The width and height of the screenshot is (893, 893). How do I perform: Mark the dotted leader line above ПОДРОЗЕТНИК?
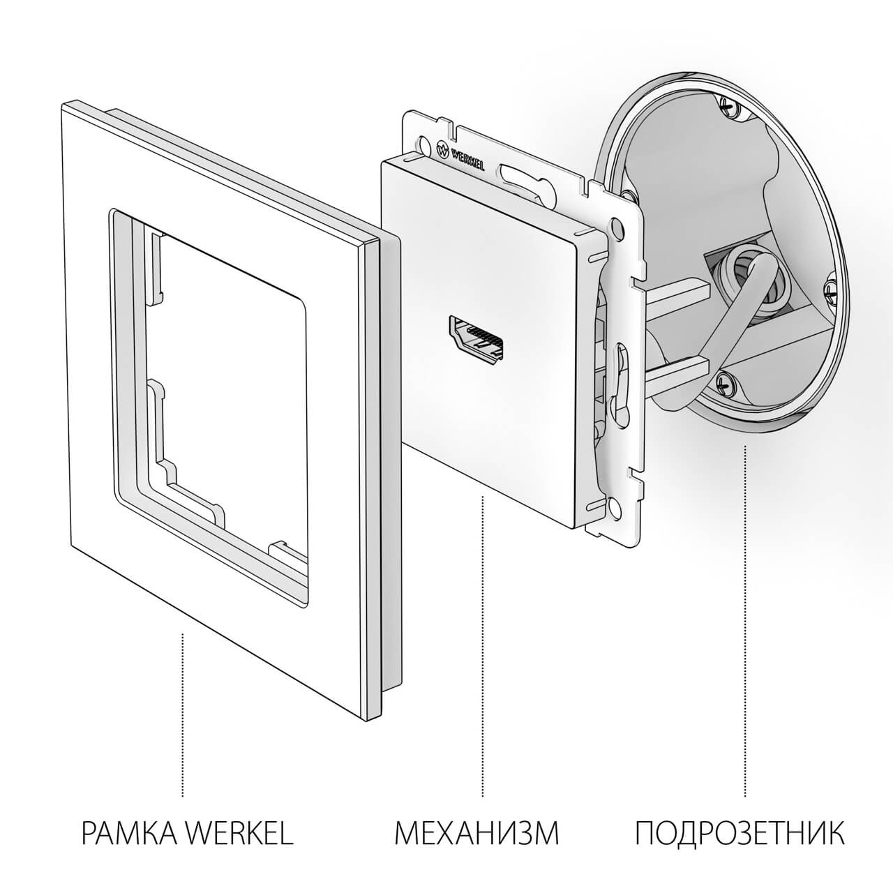[x=745, y=621]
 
